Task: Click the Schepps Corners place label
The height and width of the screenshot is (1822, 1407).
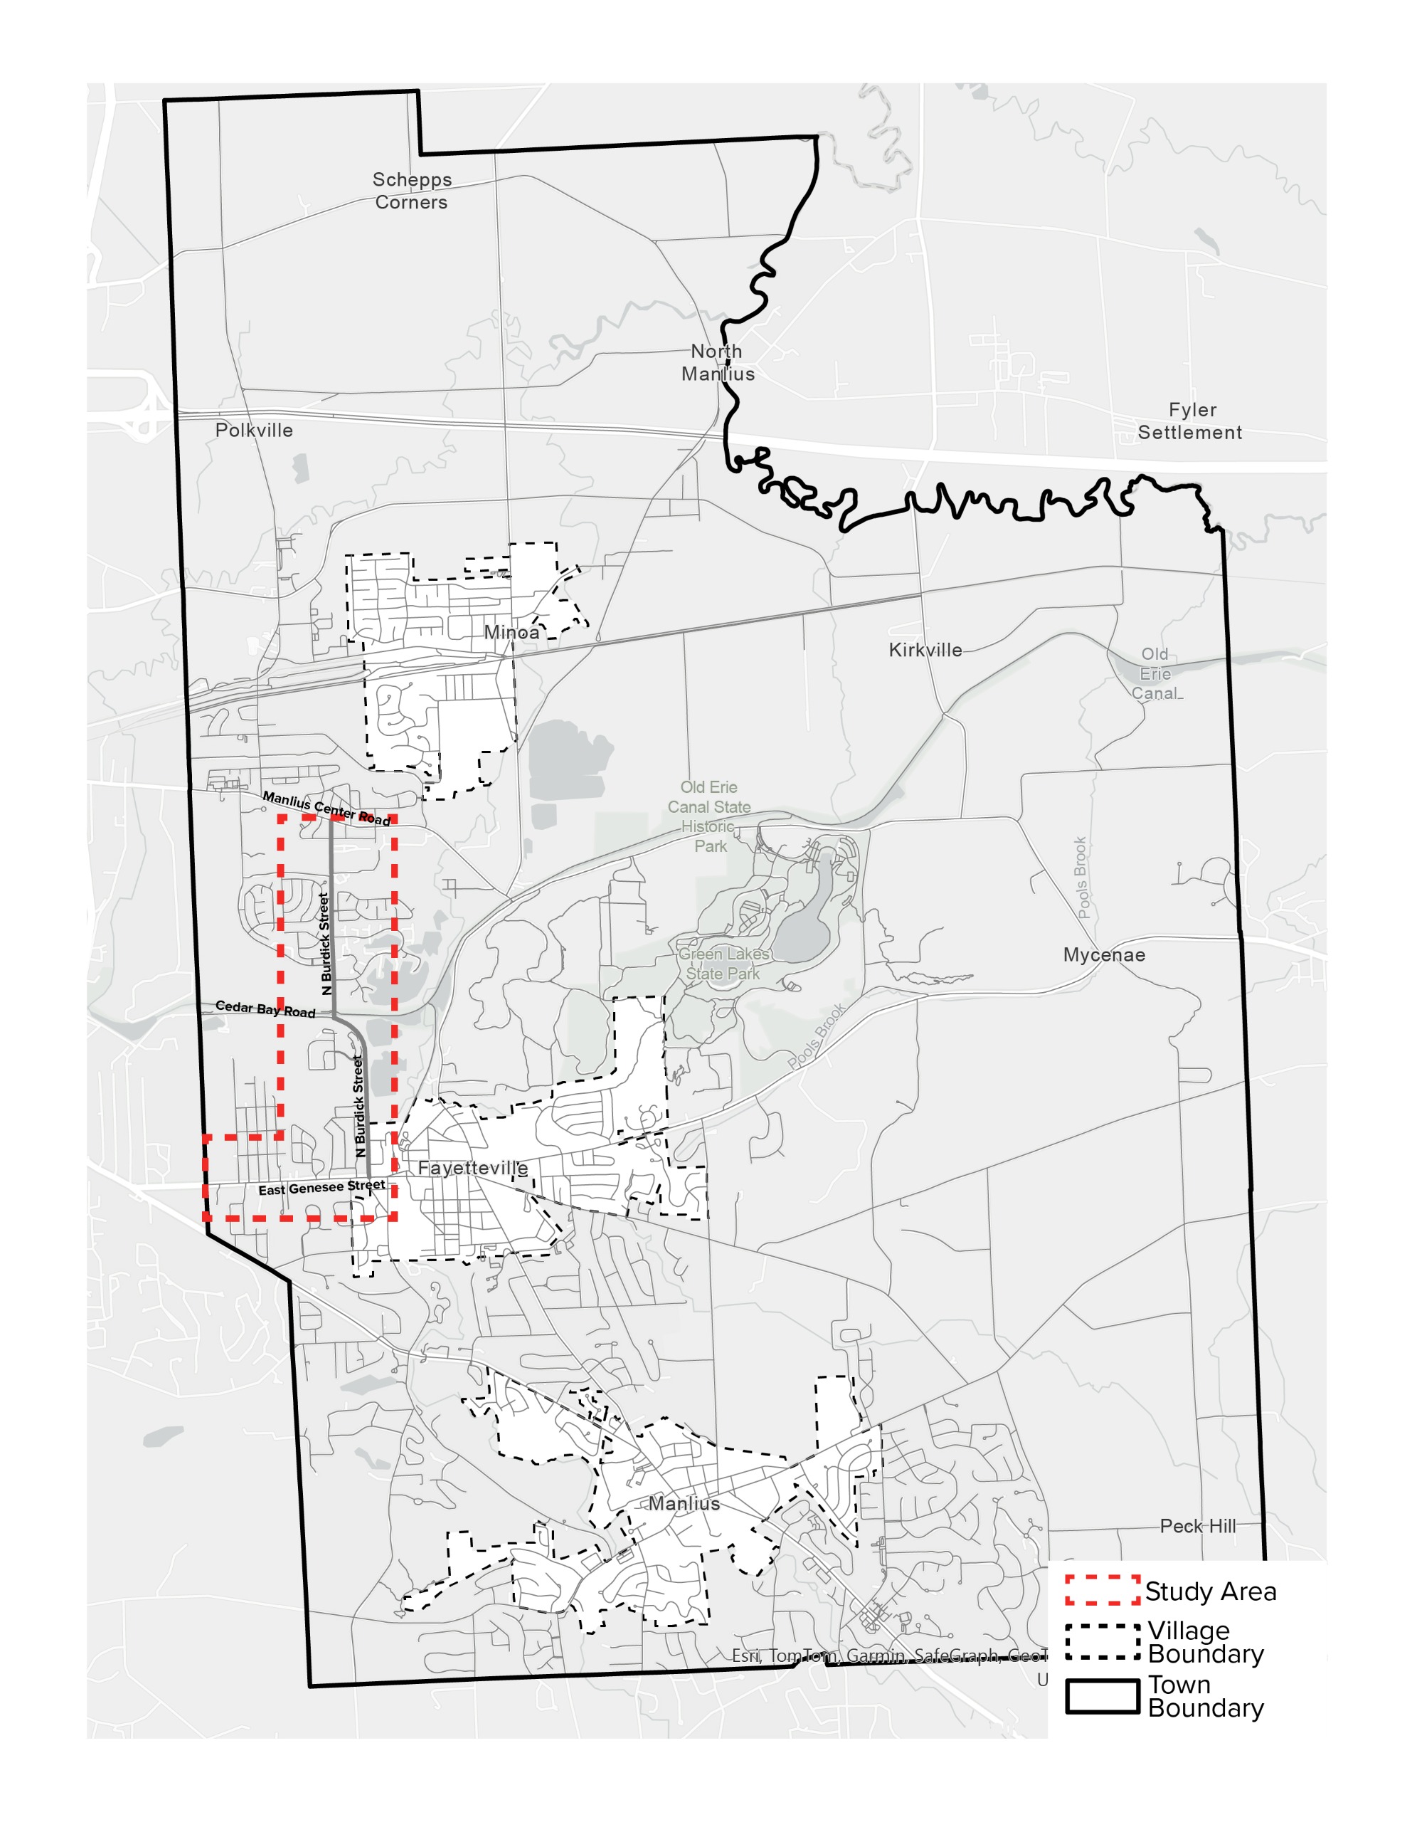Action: click(411, 191)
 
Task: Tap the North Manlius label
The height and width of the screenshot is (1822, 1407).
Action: click(717, 363)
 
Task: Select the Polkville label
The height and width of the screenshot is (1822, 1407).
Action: click(255, 431)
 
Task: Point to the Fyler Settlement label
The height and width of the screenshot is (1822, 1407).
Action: click(1190, 421)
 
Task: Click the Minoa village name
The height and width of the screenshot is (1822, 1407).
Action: click(511, 632)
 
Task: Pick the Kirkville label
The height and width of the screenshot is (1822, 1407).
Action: click(925, 650)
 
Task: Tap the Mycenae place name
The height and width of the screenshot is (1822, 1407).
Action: click(1103, 954)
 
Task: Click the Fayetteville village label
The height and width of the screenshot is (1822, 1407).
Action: click(473, 1168)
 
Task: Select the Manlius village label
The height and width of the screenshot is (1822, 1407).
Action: click(684, 1503)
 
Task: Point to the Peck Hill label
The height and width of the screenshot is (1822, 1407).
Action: click(1198, 1526)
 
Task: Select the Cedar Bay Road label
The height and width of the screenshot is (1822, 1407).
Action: click(265, 1009)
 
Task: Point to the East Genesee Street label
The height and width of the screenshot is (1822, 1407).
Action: click(321, 1187)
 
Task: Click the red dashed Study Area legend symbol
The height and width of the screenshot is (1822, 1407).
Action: click(1102, 1590)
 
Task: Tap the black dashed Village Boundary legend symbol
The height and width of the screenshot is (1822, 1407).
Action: click(1102, 1641)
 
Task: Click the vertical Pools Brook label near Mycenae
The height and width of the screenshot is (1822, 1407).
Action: click(1081, 877)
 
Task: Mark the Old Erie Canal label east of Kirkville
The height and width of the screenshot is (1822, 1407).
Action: click(1155, 674)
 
